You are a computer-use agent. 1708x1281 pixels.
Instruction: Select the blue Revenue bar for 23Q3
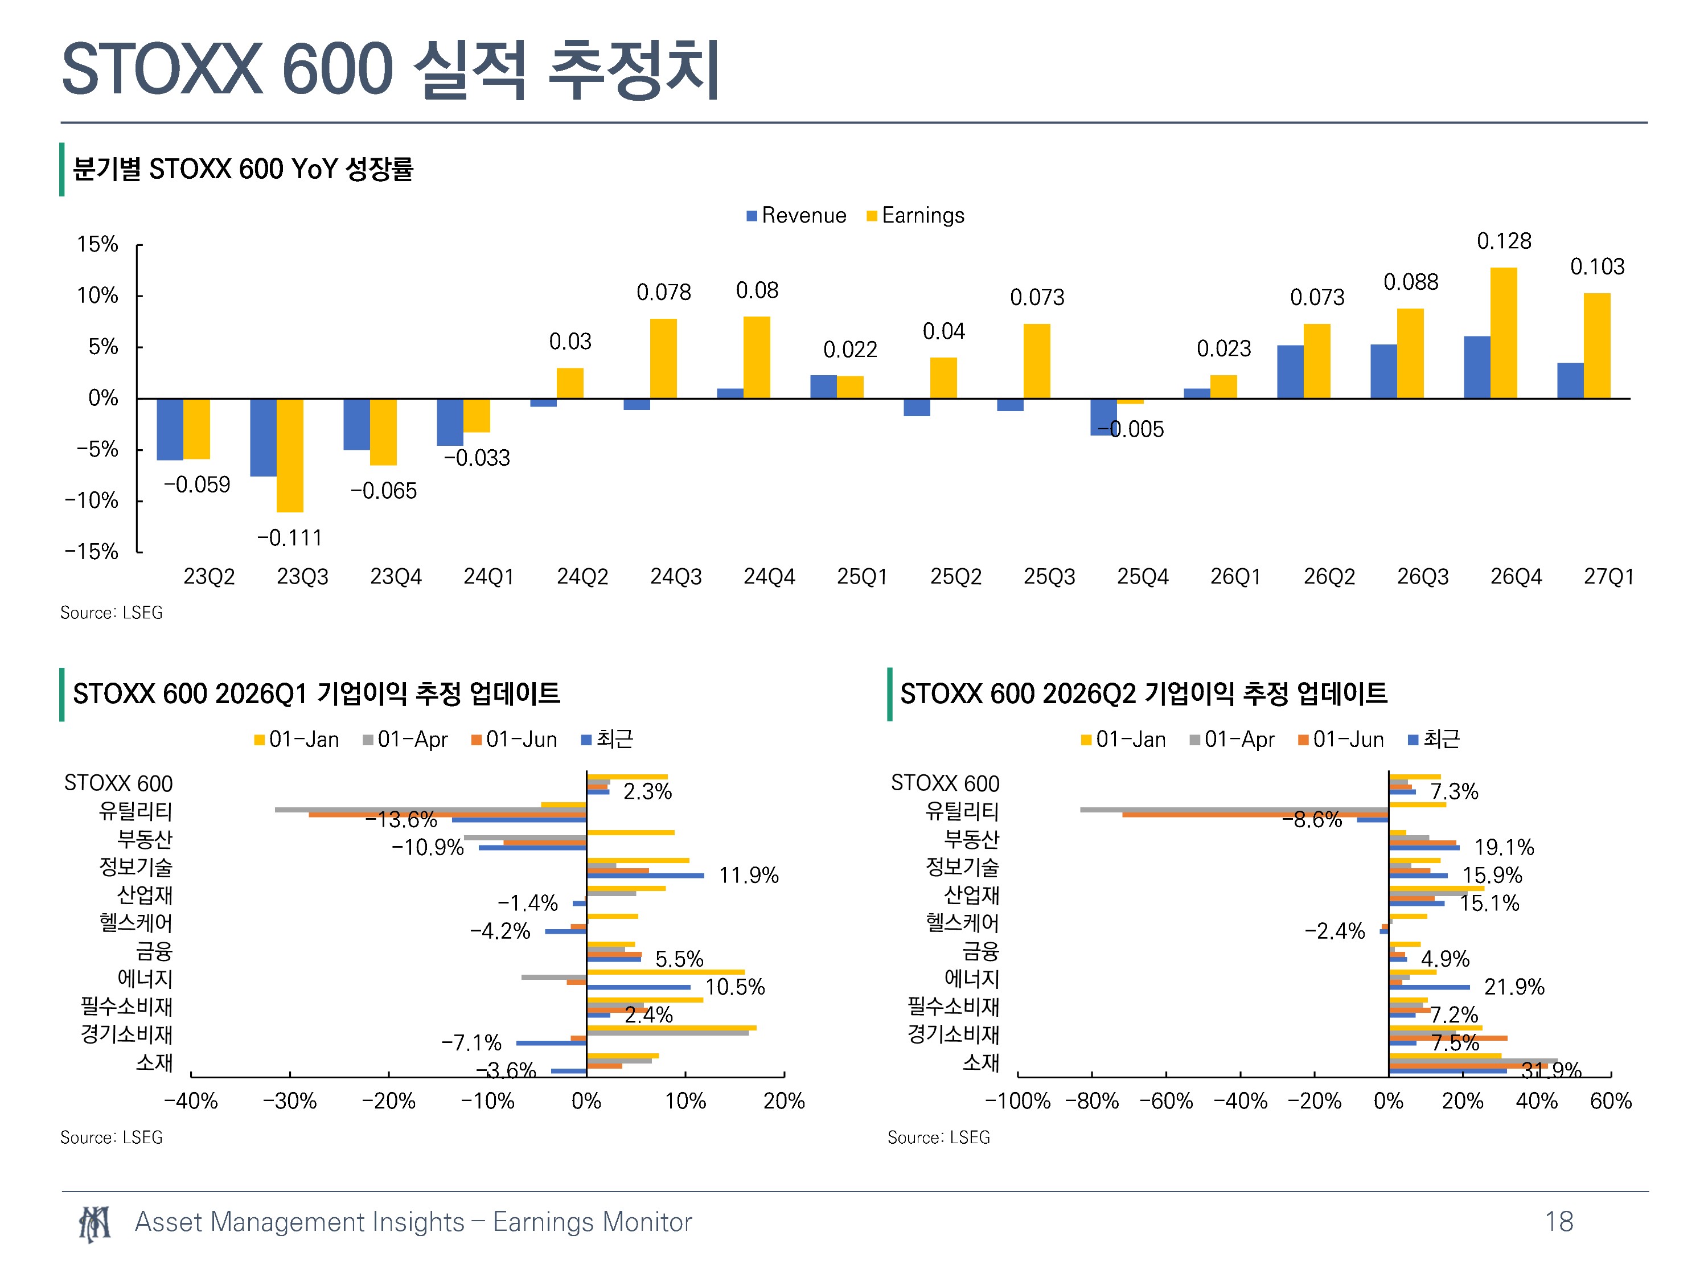[x=263, y=437]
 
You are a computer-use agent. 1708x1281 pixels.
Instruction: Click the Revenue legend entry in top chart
[x=796, y=215]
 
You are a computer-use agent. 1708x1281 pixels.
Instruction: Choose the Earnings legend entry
[x=915, y=215]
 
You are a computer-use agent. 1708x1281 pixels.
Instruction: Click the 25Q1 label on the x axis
[x=862, y=576]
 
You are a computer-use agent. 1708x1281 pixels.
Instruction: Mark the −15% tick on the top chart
[x=92, y=551]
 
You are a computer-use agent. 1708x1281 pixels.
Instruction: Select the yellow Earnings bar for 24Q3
[x=663, y=358]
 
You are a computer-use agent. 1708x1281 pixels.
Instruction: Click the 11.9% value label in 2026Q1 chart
[x=748, y=875]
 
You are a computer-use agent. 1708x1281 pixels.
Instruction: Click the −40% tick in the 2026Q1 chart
[x=191, y=1101]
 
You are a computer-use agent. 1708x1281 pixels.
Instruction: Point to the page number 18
[x=1558, y=1222]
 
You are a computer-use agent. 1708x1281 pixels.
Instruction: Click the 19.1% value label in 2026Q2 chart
[x=1504, y=847]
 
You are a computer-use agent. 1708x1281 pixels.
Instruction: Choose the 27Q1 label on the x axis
[x=1608, y=576]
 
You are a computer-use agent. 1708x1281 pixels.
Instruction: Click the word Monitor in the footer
[x=647, y=1222]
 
